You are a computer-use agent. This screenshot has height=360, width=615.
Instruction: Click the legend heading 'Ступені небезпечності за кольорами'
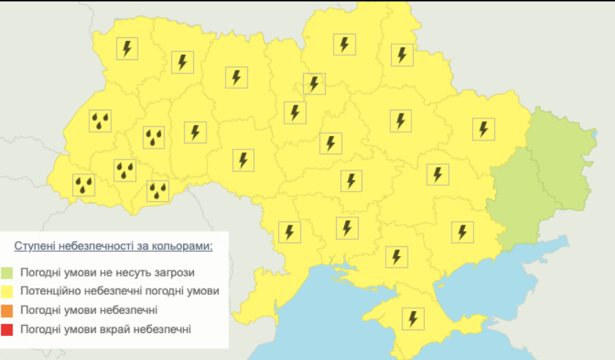(113, 246)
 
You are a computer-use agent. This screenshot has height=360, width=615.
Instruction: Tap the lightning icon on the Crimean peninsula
(413, 318)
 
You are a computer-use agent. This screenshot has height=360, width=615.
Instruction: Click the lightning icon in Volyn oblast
(128, 48)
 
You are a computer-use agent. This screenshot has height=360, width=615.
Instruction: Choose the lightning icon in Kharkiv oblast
(483, 130)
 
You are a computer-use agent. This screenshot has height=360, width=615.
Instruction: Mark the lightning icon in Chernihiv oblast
(343, 44)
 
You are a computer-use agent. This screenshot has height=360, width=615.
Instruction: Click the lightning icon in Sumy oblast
(401, 55)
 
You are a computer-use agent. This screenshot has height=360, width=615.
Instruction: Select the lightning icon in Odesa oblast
(290, 233)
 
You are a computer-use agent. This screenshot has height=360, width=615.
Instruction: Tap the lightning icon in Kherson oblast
(396, 256)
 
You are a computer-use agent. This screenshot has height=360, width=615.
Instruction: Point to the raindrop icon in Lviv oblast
(100, 121)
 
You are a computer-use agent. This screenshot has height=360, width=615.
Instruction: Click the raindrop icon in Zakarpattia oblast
(83, 185)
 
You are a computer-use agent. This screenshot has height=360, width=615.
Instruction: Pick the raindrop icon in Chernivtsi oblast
(158, 191)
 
